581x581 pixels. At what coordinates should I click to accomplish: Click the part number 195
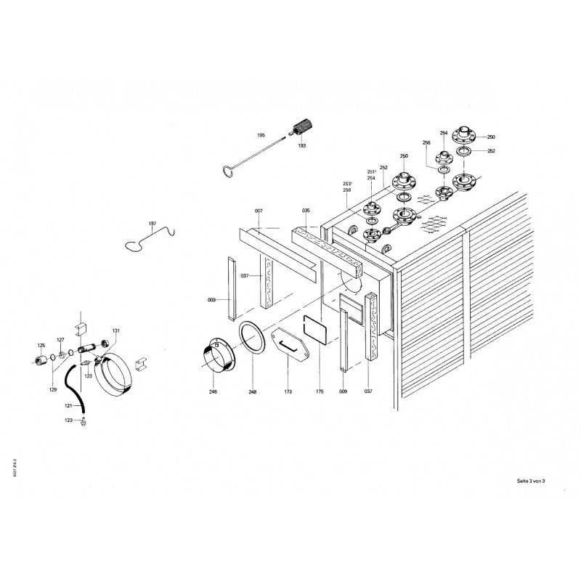(x=261, y=136)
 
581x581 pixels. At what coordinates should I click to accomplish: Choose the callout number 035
(x=306, y=210)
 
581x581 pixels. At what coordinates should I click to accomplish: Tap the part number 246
(x=213, y=391)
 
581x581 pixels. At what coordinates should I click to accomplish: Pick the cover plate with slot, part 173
(x=289, y=344)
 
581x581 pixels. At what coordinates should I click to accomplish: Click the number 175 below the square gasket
(x=320, y=391)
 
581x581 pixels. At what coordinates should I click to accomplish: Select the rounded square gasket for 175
(x=315, y=328)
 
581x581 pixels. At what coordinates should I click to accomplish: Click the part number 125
(x=41, y=345)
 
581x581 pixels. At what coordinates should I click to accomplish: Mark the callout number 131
(x=115, y=330)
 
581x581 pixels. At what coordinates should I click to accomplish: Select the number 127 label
(x=61, y=340)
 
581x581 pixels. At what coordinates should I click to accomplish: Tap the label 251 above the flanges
(x=371, y=172)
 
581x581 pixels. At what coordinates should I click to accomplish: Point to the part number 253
(x=348, y=184)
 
